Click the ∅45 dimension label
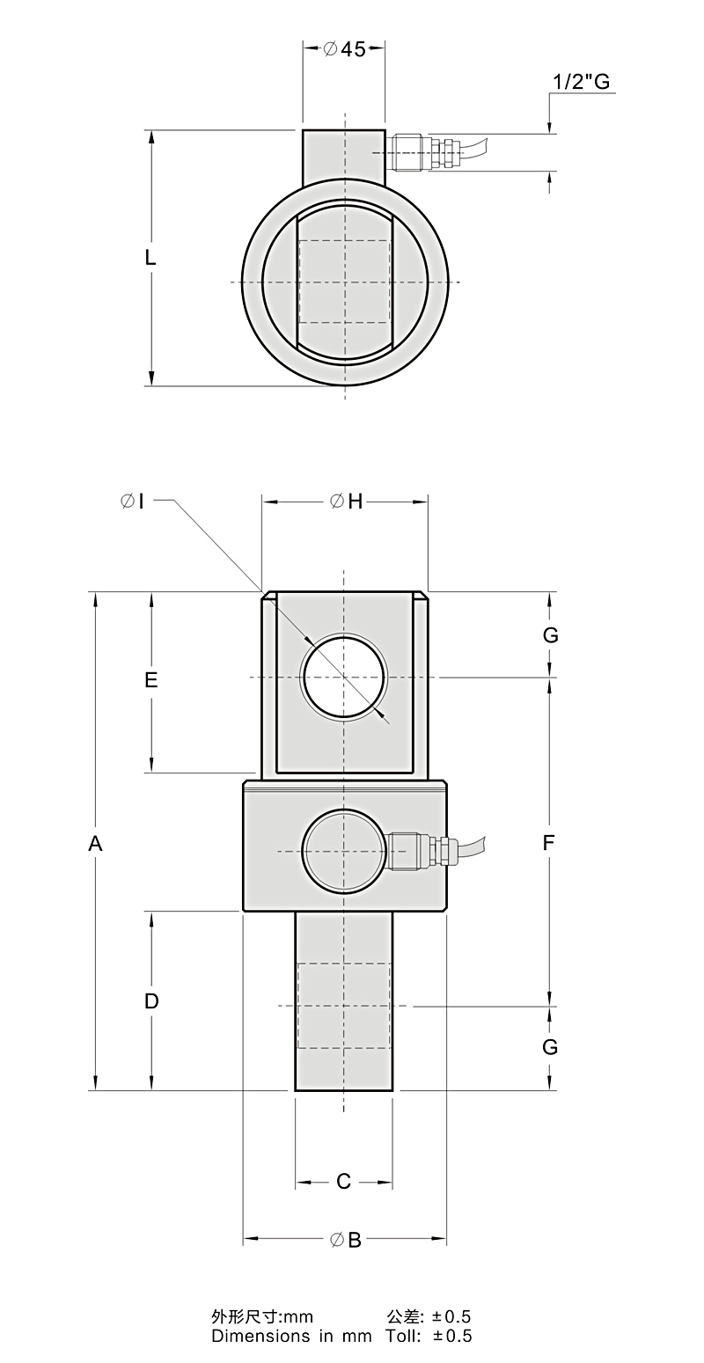coord(344,49)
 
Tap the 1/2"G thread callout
coord(581,82)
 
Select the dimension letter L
coord(150,258)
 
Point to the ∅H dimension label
coord(346,502)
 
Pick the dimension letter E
coord(151,680)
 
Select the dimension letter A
coord(96,844)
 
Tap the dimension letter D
coord(151,1001)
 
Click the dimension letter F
coord(548,843)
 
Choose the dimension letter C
coord(344,1182)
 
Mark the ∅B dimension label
coord(346,1240)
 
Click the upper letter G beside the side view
coord(551,635)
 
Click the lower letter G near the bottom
coord(551,1047)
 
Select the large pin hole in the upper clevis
coord(343,677)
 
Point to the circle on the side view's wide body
coord(342,851)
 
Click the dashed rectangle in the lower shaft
coord(344,1005)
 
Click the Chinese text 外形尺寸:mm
coord(262,1317)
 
